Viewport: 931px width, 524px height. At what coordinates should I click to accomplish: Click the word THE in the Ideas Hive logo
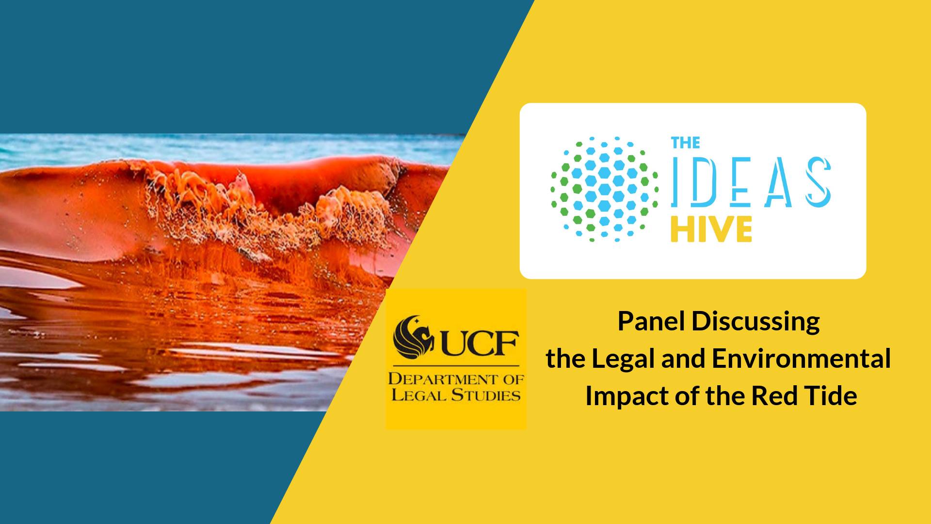coord(685,143)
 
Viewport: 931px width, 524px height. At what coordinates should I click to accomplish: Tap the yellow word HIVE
coord(711,229)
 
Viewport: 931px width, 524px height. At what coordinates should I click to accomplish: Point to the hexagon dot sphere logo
coord(605,189)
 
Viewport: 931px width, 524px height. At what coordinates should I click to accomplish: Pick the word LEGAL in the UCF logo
coord(419,395)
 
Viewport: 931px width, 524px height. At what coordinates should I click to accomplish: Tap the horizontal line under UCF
coord(456,365)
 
